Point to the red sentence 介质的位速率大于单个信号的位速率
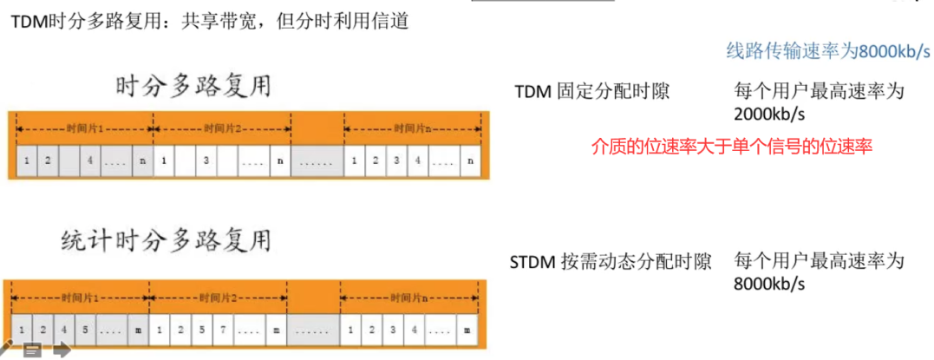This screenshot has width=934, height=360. [x=731, y=147]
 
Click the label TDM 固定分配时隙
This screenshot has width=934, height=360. [x=591, y=91]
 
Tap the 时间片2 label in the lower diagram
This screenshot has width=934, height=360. [x=219, y=298]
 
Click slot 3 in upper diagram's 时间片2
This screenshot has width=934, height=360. [x=206, y=160]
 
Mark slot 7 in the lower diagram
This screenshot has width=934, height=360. [x=223, y=330]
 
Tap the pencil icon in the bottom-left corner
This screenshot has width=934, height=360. [x=7, y=349]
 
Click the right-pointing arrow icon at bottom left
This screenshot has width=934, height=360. [x=61, y=350]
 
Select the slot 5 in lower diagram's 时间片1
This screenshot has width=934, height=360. [x=83, y=330]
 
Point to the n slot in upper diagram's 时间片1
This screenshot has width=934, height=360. [x=142, y=160]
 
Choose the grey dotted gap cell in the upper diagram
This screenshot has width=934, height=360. [x=317, y=160]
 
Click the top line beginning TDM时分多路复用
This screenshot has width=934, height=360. [x=208, y=20]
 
